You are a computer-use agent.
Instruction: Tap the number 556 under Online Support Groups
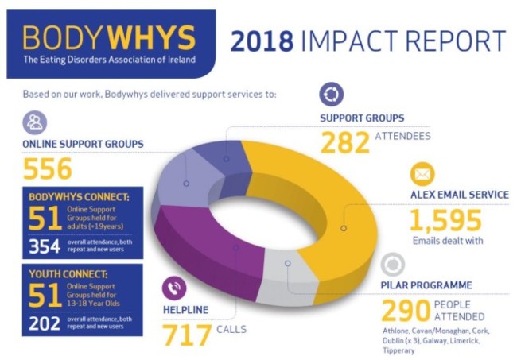[47, 168]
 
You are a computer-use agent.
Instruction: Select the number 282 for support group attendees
[345, 142]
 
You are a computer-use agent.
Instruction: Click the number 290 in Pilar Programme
[405, 311]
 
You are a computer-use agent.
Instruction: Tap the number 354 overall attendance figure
[45, 246]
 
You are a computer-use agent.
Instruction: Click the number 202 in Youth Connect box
[45, 322]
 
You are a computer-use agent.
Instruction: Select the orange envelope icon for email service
[422, 173]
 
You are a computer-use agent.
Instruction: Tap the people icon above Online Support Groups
[35, 122]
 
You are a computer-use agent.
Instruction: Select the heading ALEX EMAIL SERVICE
[458, 195]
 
